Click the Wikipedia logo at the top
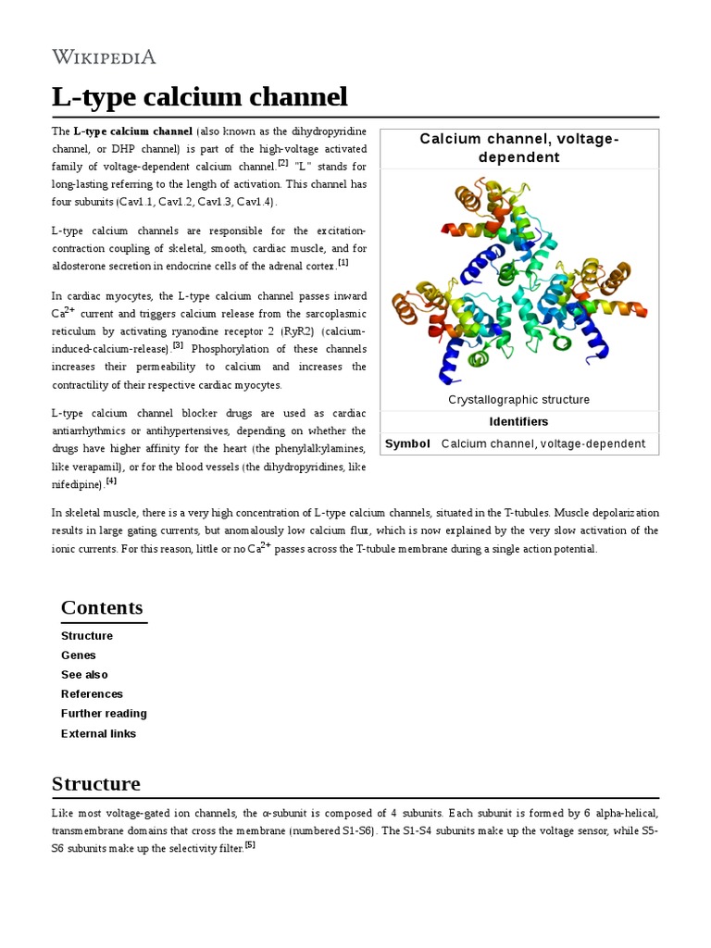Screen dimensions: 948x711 104,57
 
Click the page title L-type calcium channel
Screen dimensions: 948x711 200,96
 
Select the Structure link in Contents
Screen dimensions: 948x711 87,636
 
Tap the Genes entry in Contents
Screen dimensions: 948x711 79,655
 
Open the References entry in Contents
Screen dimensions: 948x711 92,694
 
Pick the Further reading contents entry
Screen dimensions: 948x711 104,714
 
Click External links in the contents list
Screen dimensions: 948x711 98,734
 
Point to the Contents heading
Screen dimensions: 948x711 102,608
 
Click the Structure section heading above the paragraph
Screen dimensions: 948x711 96,784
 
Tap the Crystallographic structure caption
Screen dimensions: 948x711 518,400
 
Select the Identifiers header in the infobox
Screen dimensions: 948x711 518,422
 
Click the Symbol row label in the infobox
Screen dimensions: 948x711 407,443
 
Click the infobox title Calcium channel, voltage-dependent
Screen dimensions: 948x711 518,148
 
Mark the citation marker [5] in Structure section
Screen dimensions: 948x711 250,844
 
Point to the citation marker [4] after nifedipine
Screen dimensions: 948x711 111,480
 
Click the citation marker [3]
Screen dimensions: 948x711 178,346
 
